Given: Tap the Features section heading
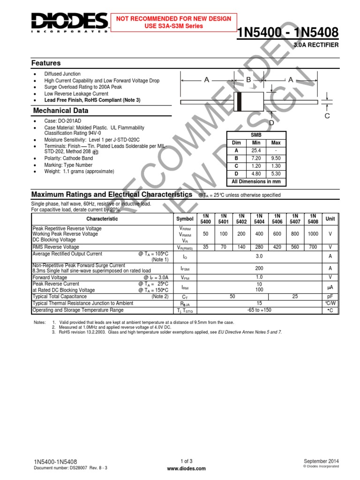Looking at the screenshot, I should [46, 63].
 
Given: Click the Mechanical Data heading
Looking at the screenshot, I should [60, 111].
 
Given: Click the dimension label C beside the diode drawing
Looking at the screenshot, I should [328, 116].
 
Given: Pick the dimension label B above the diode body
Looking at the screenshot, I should [249, 80].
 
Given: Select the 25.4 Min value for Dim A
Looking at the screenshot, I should [256, 151].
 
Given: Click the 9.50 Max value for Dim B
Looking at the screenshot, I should [276, 158].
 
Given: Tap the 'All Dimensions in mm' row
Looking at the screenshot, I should [256, 181].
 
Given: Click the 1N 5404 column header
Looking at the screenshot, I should [258, 219].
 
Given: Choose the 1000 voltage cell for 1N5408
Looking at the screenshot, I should [313, 233].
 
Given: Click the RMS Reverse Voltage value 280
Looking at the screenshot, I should [258, 247].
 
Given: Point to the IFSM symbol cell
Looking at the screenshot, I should [184, 269].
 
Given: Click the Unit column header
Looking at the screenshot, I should [330, 219].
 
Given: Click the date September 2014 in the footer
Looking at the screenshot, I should [321, 461].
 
